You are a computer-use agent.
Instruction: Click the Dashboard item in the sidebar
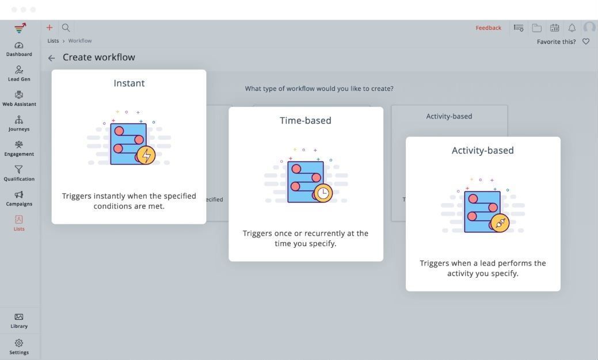(x=19, y=49)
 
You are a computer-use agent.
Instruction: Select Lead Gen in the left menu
(x=19, y=74)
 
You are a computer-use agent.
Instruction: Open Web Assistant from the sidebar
(x=19, y=98)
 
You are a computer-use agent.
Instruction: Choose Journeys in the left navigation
(x=19, y=123)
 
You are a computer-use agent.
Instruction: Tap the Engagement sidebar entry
(x=19, y=148)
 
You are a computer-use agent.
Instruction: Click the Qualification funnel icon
(x=19, y=169)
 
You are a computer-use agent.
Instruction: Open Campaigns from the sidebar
(x=19, y=198)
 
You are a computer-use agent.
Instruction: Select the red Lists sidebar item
(x=19, y=223)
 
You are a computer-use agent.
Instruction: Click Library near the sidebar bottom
(x=19, y=320)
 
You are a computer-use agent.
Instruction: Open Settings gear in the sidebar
(x=19, y=346)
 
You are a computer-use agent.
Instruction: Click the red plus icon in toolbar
(x=49, y=27)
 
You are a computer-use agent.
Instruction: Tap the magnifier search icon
(x=66, y=27)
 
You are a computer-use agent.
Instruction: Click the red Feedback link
(x=488, y=28)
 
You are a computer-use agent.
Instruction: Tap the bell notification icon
(x=572, y=28)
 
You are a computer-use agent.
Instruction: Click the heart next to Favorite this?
(x=586, y=41)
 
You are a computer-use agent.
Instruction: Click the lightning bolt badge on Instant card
(x=147, y=155)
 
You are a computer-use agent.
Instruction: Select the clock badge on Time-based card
(x=324, y=193)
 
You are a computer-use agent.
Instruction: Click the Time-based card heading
(x=306, y=120)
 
